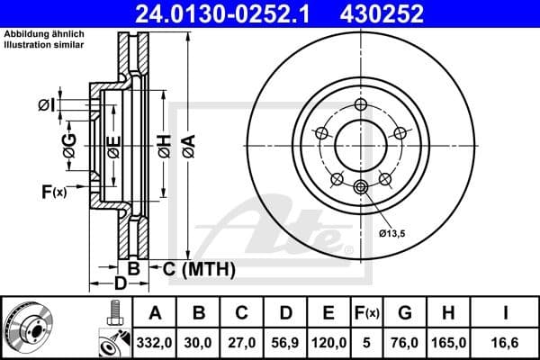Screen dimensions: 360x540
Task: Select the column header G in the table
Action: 404,313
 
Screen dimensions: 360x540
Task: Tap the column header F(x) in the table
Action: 366,313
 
